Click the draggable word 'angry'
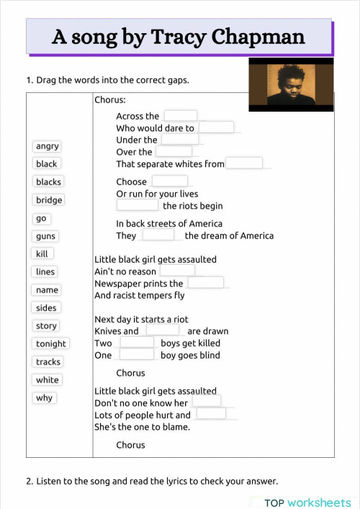click(x=48, y=146)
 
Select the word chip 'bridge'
click(x=49, y=200)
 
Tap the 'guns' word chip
click(x=45, y=236)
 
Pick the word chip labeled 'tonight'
click(x=51, y=344)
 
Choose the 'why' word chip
click(x=45, y=398)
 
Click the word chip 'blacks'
click(x=49, y=182)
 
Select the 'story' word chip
click(x=46, y=326)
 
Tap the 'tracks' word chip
click(x=48, y=362)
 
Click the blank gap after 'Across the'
click(x=180, y=116)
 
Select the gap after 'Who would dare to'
click(x=216, y=128)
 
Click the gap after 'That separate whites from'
click(x=244, y=163)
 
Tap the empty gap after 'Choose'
click(x=169, y=181)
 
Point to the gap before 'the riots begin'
click(x=138, y=206)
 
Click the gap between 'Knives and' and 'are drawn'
click(x=163, y=330)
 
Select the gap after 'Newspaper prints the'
click(x=206, y=283)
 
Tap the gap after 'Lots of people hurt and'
click(x=211, y=414)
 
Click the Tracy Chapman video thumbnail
click(x=291, y=85)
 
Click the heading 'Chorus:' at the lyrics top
click(x=110, y=99)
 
